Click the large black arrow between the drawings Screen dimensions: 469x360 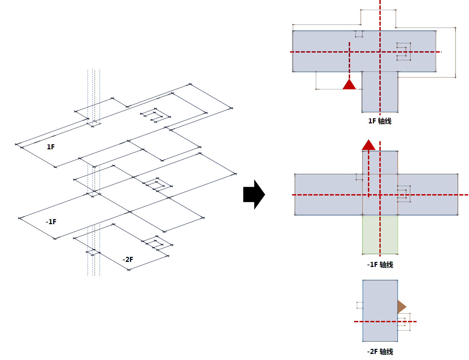tap(254, 194)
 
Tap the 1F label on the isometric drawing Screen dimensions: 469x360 tap(51, 147)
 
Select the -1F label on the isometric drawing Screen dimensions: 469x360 tap(51, 222)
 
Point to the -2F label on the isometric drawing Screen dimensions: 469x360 tap(128, 260)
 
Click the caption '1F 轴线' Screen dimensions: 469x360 tap(380, 121)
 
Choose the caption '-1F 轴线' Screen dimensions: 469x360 tap(380, 265)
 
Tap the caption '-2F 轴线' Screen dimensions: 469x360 tap(380, 352)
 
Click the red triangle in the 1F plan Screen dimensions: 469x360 tap(349, 84)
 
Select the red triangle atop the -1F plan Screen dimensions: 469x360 tap(368, 145)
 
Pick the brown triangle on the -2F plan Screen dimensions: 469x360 tap(401, 307)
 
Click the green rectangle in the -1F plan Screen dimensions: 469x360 tap(380, 235)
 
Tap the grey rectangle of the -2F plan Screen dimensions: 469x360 tap(380, 311)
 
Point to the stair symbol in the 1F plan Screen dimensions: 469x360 tap(403, 52)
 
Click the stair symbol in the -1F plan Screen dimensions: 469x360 tap(404, 194)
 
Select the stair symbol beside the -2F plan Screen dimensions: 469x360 tap(404, 322)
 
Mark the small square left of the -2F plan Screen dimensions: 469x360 tap(360, 305)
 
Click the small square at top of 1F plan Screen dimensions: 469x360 tap(359, 34)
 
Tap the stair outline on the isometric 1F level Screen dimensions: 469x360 tap(155, 115)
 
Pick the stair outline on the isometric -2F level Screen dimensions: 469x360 tap(157, 243)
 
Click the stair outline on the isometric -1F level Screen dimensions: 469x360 tap(158, 185)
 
